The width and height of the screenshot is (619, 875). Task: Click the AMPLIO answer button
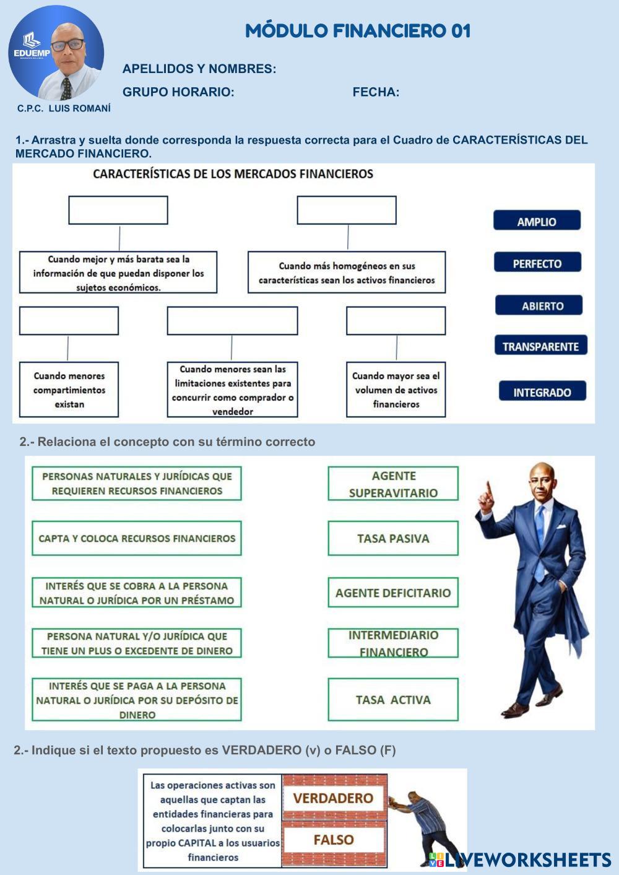click(537, 220)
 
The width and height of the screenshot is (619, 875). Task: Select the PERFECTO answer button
click(537, 263)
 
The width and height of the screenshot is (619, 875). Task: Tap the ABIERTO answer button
click(539, 305)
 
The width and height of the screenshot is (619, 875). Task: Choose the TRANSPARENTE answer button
click(540, 346)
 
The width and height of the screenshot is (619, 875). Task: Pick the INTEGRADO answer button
click(542, 391)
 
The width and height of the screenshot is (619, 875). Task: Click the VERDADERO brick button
click(334, 798)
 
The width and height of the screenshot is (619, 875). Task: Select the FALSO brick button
click(334, 840)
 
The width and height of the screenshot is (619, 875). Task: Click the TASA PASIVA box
click(393, 538)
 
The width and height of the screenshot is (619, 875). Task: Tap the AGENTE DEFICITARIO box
click(393, 593)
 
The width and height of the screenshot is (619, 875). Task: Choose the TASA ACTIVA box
click(393, 700)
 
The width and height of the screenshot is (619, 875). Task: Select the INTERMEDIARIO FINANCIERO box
click(393, 643)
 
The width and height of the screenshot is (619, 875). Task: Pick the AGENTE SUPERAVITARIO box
click(393, 484)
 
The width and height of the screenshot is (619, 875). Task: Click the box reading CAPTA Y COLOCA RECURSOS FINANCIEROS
click(137, 538)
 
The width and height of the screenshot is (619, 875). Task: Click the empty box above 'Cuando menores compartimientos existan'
click(69, 321)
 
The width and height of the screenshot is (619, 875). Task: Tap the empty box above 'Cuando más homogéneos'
click(347, 211)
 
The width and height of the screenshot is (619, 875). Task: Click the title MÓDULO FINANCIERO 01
click(358, 31)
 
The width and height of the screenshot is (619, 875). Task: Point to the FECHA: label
click(376, 92)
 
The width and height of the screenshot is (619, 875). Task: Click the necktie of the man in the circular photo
click(66, 88)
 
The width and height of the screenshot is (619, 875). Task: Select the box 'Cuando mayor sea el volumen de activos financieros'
click(396, 390)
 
